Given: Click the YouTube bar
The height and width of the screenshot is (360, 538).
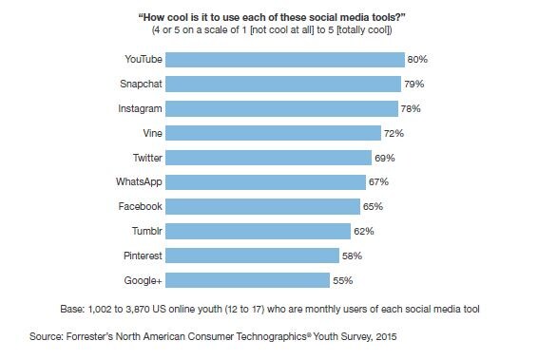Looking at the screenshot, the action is (285, 60).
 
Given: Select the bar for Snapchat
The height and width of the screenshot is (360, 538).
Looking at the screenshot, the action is (283, 84).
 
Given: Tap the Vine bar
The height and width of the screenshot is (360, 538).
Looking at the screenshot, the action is (273, 133).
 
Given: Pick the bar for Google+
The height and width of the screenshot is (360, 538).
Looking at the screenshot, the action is (247, 280).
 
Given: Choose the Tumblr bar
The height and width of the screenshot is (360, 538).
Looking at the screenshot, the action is (258, 231).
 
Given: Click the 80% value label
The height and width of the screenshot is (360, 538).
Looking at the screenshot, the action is (417, 59).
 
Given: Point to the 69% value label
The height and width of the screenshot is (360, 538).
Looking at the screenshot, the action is (385, 158).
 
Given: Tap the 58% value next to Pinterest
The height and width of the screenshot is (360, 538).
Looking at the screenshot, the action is (352, 256).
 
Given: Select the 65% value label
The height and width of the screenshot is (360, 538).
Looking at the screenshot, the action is (373, 206).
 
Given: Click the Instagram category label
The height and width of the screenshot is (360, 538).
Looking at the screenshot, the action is (140, 108).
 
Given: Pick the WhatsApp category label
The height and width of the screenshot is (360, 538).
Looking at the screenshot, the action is (139, 181).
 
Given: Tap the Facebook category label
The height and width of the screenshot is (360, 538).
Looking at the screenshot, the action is (141, 206).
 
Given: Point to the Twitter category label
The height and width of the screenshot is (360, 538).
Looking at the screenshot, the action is (147, 158).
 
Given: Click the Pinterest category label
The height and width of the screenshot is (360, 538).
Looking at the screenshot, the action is (143, 256).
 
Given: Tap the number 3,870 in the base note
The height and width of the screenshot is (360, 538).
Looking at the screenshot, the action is (138, 309).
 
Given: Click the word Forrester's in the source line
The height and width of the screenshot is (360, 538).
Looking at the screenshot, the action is (89, 336).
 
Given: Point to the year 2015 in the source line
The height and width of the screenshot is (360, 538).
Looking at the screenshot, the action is (386, 336).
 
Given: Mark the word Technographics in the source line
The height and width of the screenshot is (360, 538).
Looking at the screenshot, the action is (272, 336).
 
